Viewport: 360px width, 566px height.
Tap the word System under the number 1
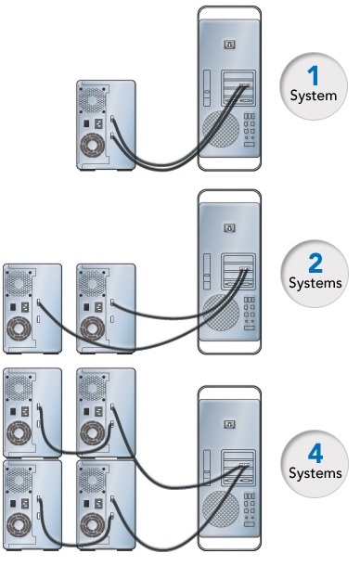click(312, 96)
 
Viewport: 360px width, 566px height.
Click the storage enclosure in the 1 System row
click(96, 124)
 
